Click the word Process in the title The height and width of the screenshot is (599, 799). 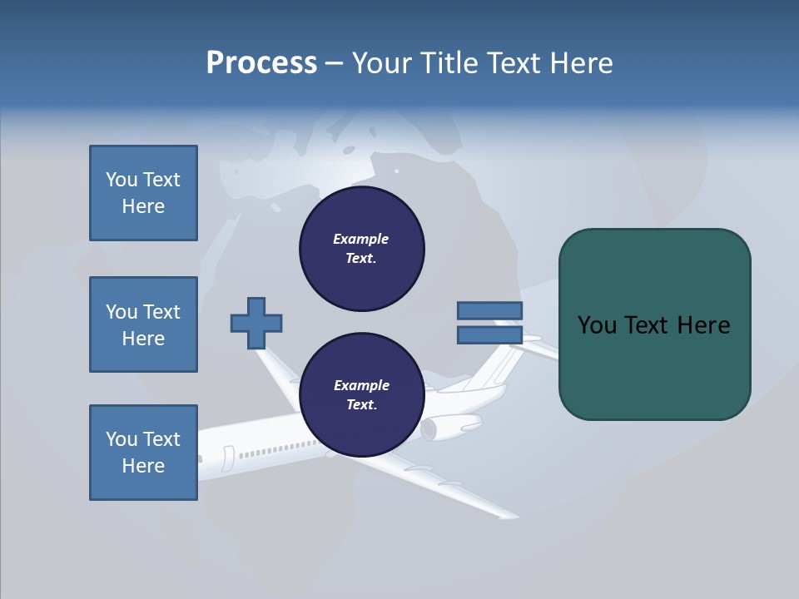[261, 63]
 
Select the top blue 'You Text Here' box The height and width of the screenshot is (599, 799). [143, 193]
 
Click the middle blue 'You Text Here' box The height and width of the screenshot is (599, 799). [143, 324]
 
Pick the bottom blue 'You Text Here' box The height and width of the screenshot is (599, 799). [143, 453]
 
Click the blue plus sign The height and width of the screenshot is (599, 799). [256, 323]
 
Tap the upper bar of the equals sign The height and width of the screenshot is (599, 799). [489, 310]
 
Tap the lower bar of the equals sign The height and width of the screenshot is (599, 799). [489, 335]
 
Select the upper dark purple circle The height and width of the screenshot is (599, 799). [362, 249]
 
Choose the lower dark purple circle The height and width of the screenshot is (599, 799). [362, 395]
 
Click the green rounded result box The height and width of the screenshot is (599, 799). [654, 324]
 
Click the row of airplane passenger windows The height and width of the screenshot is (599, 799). [275, 449]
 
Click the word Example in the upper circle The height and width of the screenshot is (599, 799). [360, 239]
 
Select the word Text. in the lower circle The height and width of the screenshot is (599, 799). [361, 405]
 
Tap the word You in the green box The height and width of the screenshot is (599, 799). [597, 325]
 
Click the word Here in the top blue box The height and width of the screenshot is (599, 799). [143, 206]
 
